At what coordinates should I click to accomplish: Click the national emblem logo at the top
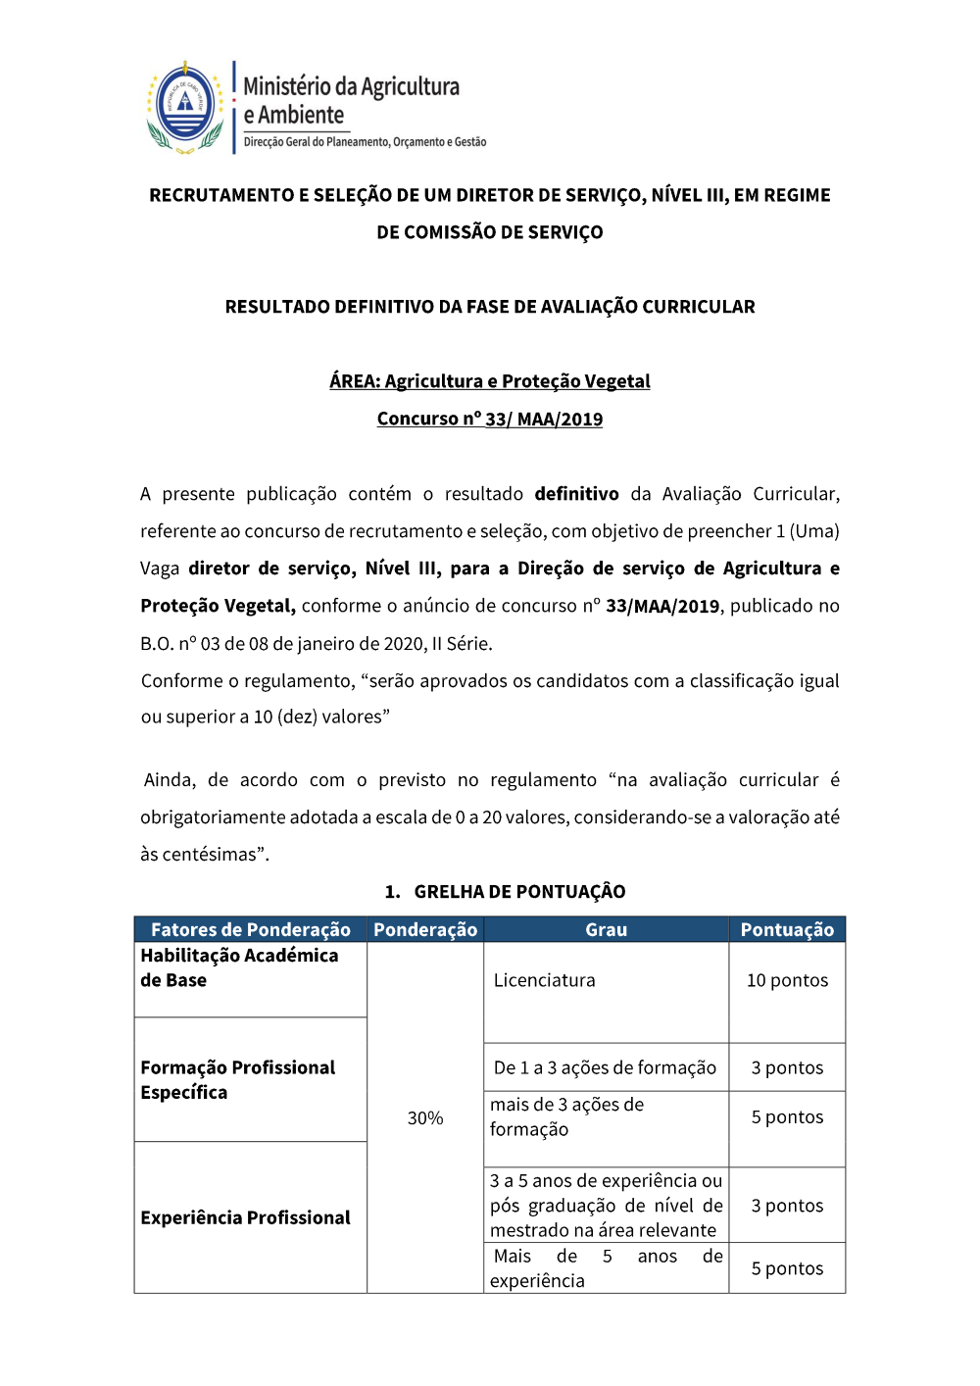pos(185,106)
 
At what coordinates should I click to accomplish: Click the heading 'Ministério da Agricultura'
pos(351,86)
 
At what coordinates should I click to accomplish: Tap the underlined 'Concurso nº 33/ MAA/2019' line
pos(490,419)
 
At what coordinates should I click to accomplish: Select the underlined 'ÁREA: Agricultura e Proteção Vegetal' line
pos(490,381)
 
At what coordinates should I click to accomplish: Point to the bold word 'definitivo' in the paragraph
pos(576,494)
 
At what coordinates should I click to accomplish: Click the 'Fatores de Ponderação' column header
pos(251,929)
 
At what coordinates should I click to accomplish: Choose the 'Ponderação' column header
pos(425,929)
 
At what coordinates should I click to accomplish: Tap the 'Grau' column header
pos(606,929)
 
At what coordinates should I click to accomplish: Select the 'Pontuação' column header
pos(787,929)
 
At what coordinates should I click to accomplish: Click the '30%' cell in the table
pos(425,1117)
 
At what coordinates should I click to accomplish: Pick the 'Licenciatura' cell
pos(545,980)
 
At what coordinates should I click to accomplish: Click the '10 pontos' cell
pos(787,980)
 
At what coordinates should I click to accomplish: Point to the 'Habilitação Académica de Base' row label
pos(239,967)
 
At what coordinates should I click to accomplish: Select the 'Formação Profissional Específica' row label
pos(237,1079)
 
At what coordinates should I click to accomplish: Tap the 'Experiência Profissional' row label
pos(245,1217)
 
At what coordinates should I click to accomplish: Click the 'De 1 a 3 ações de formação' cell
pos(605,1067)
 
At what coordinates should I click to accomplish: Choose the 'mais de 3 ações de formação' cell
pos(566,1116)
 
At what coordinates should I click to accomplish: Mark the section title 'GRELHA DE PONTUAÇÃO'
pos(519,891)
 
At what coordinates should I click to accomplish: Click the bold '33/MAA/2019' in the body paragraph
pos(662,606)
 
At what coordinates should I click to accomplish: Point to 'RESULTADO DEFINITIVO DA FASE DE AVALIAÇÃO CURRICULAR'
pos(490,307)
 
